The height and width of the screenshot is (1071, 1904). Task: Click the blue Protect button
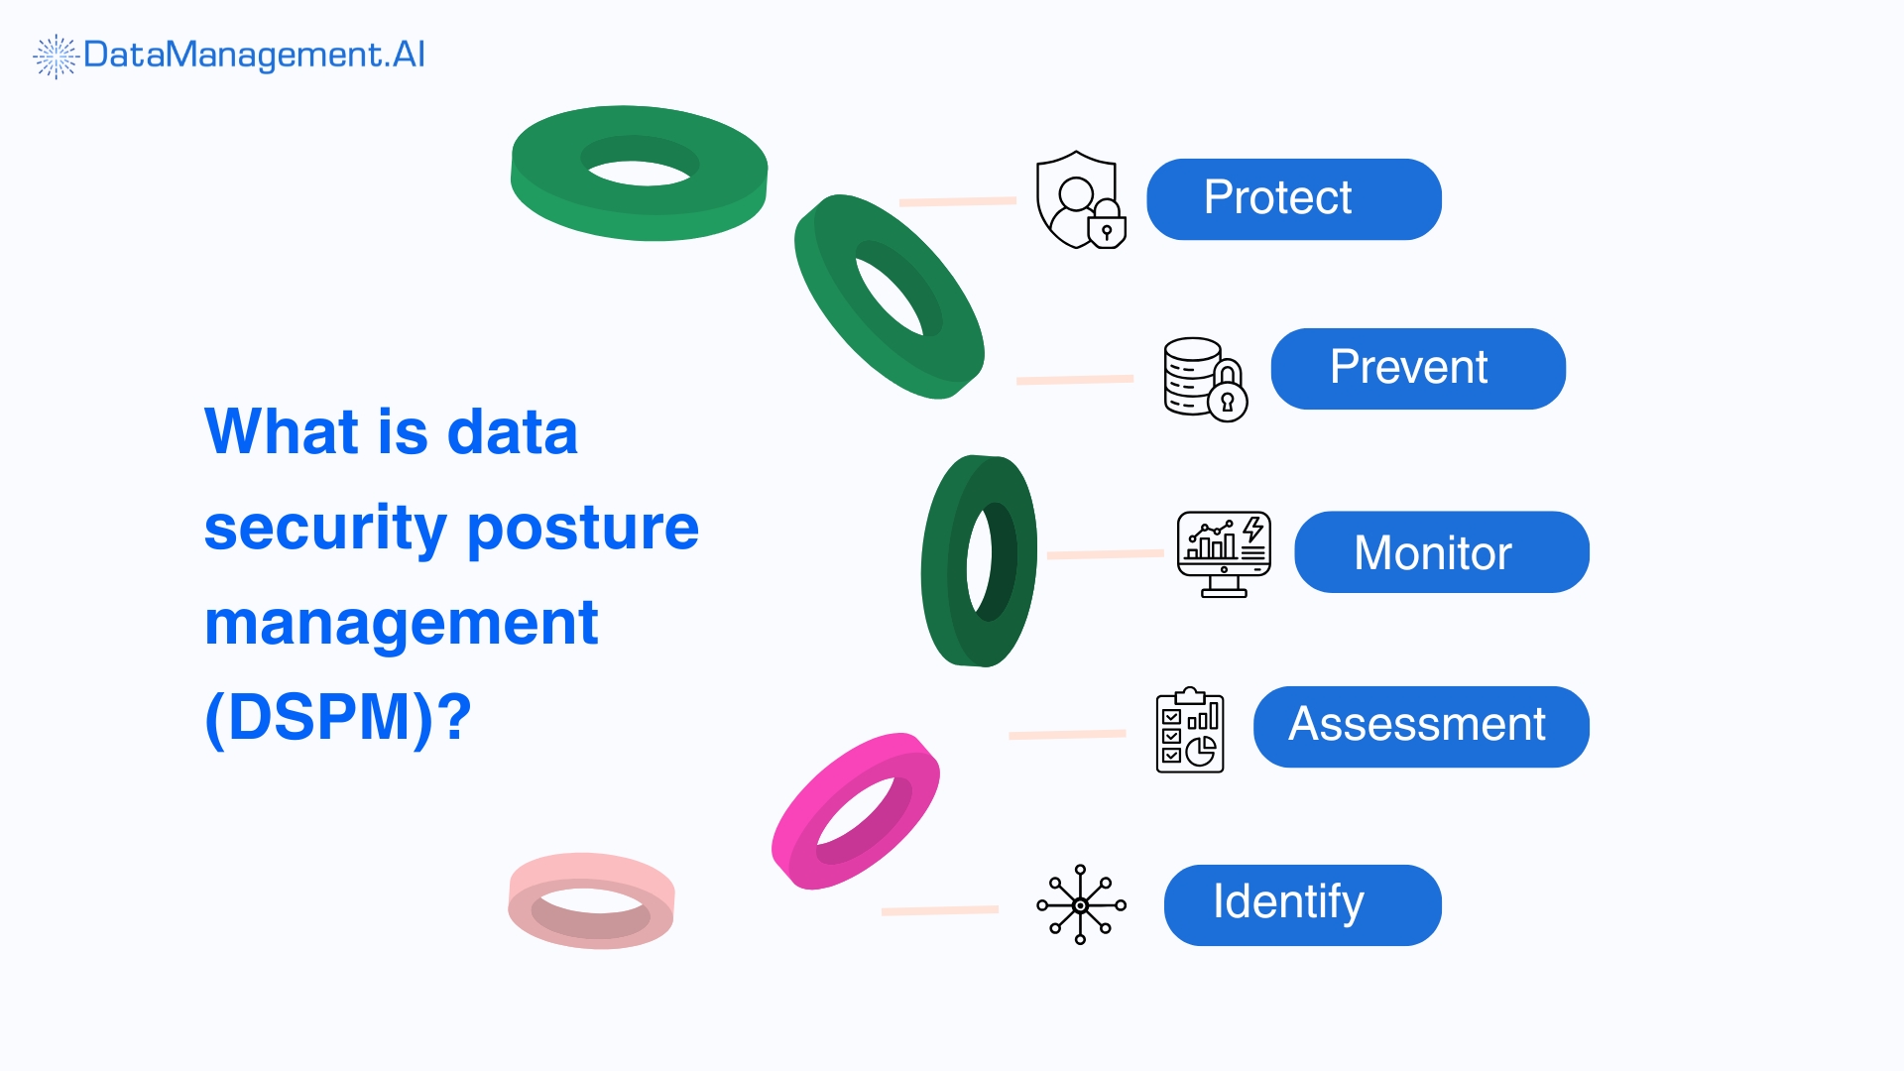(x=1293, y=199)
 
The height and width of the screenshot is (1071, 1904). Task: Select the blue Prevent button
(x=1417, y=369)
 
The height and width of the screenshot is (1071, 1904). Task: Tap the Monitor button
(x=1441, y=552)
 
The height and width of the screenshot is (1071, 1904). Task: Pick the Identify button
(x=1301, y=905)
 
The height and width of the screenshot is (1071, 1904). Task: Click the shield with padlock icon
(x=1080, y=199)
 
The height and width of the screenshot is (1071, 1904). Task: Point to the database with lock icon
(x=1204, y=380)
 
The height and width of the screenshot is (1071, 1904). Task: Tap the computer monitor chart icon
(x=1224, y=553)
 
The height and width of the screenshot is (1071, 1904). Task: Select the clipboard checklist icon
(x=1190, y=731)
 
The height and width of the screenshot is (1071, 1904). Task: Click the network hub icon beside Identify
(x=1081, y=904)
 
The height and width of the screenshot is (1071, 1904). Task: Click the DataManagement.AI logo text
(x=254, y=55)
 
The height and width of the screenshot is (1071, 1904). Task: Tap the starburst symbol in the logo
(x=56, y=56)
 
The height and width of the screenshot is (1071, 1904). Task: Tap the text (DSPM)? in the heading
(x=337, y=717)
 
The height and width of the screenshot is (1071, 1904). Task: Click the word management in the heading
(x=401, y=623)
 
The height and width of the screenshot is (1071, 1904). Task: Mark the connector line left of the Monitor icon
(x=1105, y=554)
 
